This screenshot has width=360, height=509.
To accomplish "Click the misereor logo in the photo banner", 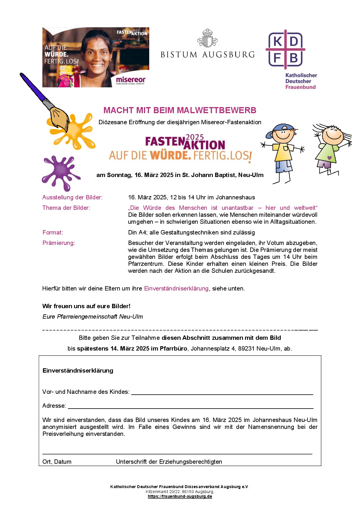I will pyautogui.click(x=130, y=80).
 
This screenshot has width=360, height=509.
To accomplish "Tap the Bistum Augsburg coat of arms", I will pyautogui.click(x=207, y=38).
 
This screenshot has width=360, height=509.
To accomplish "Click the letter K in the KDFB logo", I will pyautogui.click(x=278, y=41).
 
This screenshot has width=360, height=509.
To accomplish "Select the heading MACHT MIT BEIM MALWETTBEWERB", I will pyautogui.click(x=180, y=110).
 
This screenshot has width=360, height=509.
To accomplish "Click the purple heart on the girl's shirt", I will pyautogui.click(x=329, y=158).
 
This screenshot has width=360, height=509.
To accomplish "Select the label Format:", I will pyautogui.click(x=53, y=232).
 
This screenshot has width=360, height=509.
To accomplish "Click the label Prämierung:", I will pyautogui.click(x=59, y=243).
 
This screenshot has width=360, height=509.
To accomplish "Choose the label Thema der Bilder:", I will pyautogui.click(x=66, y=208).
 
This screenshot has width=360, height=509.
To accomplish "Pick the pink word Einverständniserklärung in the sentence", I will pyautogui.click(x=176, y=288).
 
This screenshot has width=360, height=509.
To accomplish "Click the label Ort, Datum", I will pyautogui.click(x=57, y=462).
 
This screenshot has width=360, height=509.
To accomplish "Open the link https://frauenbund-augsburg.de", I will pyautogui.click(x=180, y=496).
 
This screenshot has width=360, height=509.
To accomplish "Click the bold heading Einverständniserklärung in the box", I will pyautogui.click(x=78, y=371).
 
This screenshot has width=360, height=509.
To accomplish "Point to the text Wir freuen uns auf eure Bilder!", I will pyautogui.click(x=87, y=306).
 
